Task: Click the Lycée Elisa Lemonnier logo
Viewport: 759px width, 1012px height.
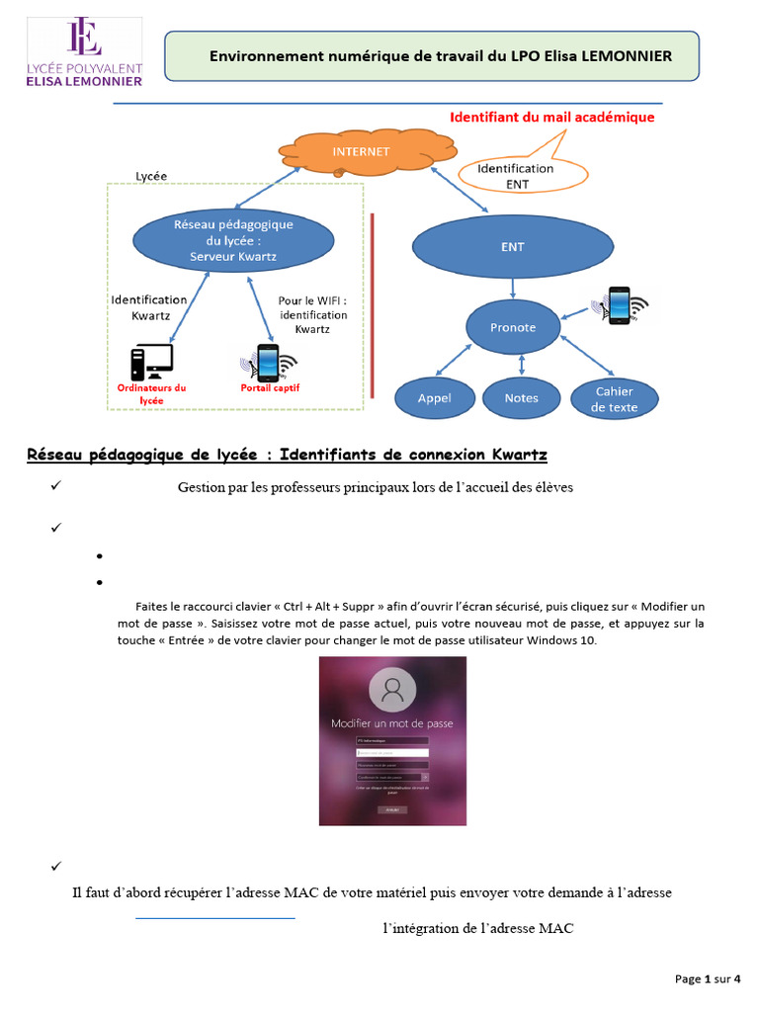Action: (x=84, y=52)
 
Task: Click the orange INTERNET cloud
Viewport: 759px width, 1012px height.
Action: (x=361, y=152)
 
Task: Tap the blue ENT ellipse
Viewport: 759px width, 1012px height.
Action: (x=512, y=247)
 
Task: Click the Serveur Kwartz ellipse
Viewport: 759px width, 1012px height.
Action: (x=233, y=240)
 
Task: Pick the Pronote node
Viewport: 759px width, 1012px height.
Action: (x=513, y=327)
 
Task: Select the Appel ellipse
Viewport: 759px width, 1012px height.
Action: (x=435, y=398)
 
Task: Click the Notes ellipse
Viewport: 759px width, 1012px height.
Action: (x=521, y=398)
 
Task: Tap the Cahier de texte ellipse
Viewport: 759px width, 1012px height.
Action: (x=616, y=398)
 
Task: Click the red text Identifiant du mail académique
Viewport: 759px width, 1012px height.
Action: (x=551, y=117)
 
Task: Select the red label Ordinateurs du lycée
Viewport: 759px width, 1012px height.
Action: (x=151, y=393)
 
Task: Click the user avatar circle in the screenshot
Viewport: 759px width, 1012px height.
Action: (x=392, y=692)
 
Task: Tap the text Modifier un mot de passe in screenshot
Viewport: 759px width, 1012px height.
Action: (x=392, y=723)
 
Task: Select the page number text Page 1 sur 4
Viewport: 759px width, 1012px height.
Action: (x=708, y=978)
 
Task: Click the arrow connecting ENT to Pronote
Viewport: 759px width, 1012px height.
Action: (x=512, y=289)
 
